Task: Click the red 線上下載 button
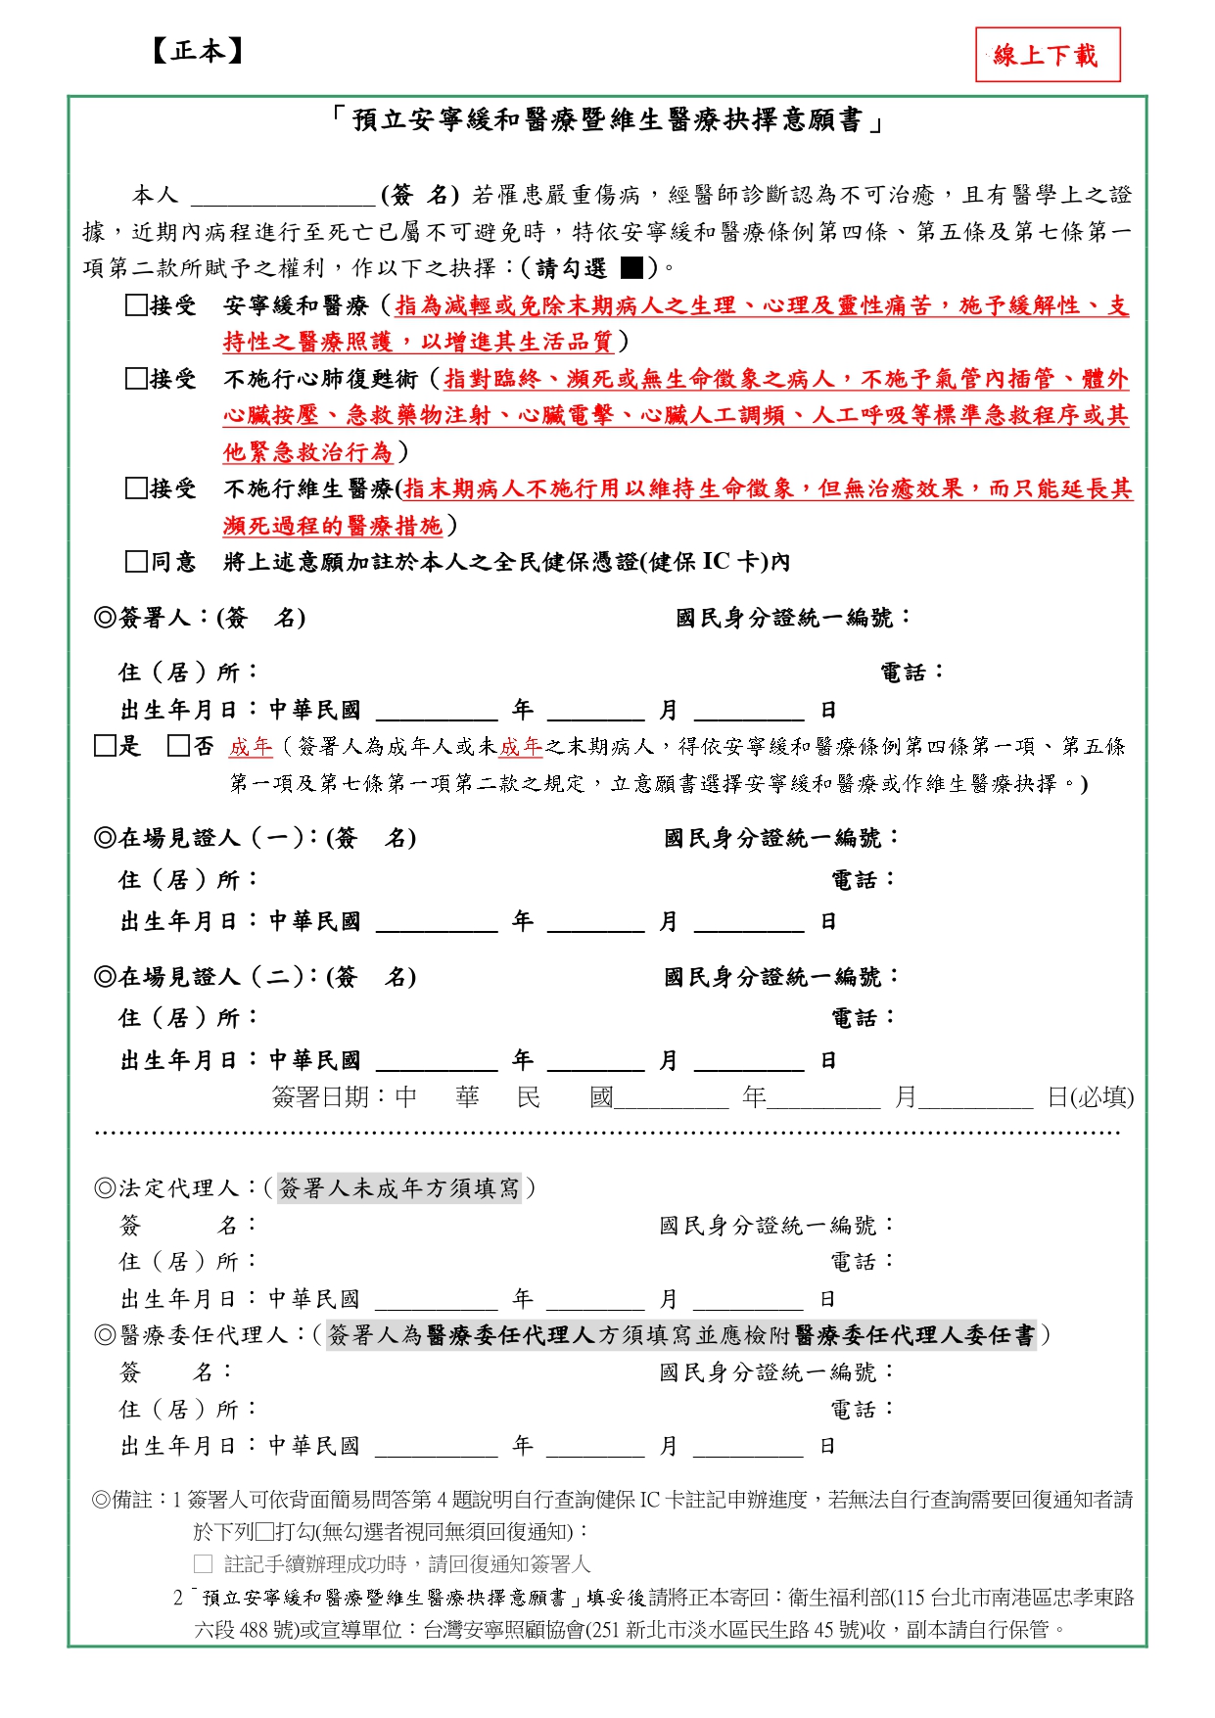coord(1047,55)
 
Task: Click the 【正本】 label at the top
coord(197,51)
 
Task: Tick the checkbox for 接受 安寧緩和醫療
coord(136,305)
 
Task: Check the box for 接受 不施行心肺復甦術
coord(136,379)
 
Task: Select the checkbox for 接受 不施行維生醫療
coord(136,488)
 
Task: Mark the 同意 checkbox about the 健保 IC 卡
coord(136,562)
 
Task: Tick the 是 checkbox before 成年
coord(105,747)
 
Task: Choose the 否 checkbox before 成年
coord(178,747)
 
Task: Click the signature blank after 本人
coord(283,196)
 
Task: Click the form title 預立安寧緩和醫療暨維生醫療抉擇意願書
coord(607,120)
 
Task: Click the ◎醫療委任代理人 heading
coord(202,1335)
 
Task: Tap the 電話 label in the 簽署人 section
coord(911,673)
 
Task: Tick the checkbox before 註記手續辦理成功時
coord(203,1564)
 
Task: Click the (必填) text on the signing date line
coord(1102,1097)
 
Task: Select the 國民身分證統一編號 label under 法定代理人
coord(775,1226)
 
